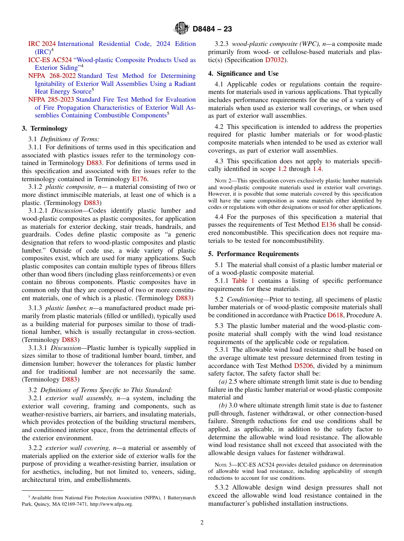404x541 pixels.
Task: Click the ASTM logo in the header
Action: point(182,29)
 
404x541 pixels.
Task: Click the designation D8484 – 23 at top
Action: point(212,29)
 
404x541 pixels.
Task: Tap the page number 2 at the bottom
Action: point(202,523)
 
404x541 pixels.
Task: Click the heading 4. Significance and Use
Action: point(243,74)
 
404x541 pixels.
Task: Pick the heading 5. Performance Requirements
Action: point(253,254)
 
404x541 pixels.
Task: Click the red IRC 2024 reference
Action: point(42,44)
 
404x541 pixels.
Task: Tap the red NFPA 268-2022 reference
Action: point(52,76)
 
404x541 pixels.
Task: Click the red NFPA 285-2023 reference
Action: point(52,100)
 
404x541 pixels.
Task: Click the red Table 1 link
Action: point(243,281)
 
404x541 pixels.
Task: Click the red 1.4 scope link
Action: point(317,169)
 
